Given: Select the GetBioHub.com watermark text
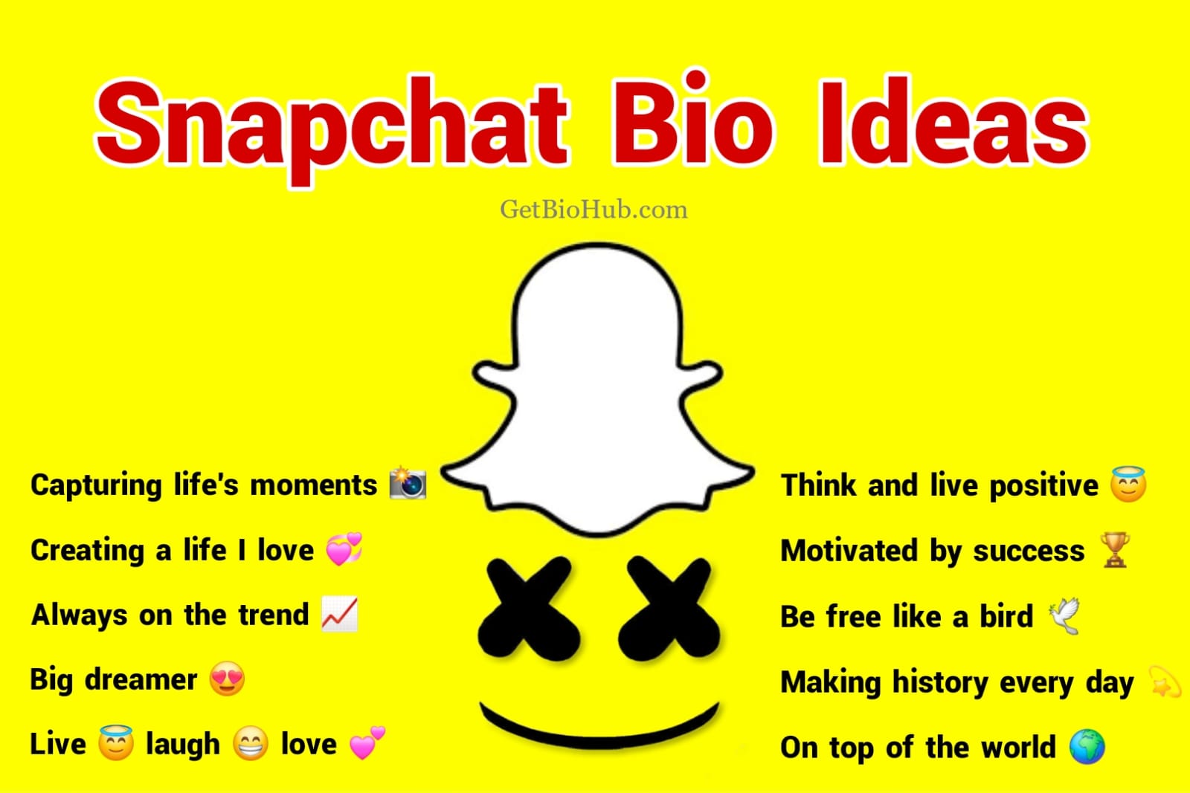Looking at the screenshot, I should click(594, 210).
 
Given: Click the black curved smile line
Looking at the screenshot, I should click(599, 725).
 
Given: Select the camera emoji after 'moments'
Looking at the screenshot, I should click(408, 483).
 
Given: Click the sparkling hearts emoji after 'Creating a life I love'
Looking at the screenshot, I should click(344, 549).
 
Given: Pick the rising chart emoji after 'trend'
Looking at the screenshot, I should click(339, 615).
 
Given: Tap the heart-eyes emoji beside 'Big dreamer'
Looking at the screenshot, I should click(227, 679).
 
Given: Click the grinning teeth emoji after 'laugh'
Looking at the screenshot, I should click(251, 744).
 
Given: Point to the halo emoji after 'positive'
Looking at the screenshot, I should click(1128, 484).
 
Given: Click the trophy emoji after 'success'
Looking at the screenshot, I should click(1115, 550).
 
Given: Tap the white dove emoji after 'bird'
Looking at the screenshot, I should click(1064, 616).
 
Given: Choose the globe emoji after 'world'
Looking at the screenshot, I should click(1087, 747).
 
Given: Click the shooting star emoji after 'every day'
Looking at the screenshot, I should click(1164, 682).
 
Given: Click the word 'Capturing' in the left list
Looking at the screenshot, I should click(96, 485).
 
